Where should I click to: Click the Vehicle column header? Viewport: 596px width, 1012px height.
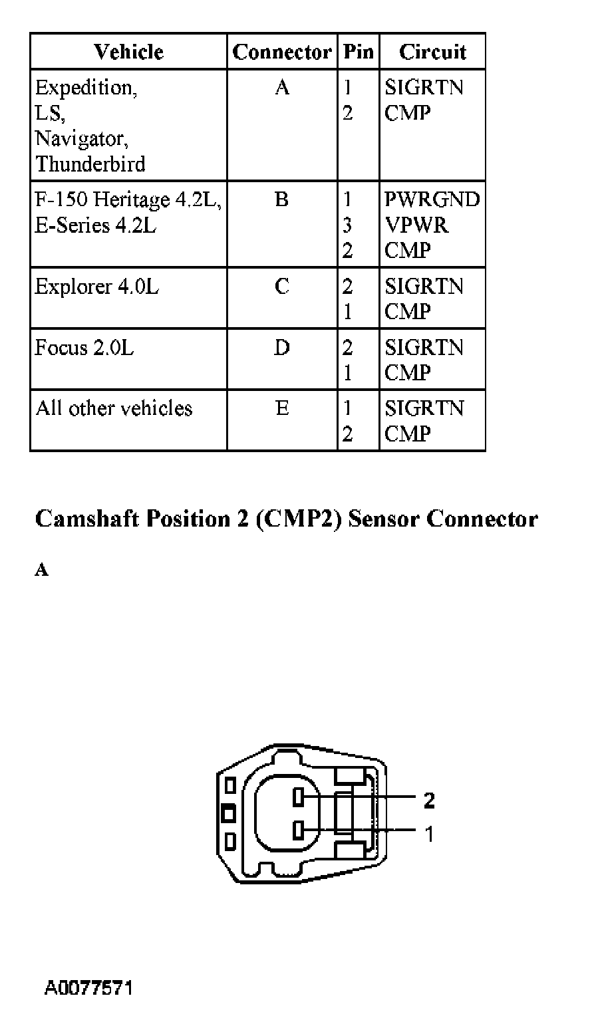pos(128,52)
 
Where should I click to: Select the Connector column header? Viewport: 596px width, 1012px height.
pos(281,52)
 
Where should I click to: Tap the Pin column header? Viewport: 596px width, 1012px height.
pos(358,52)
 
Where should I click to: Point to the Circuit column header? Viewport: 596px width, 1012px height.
pos(432,52)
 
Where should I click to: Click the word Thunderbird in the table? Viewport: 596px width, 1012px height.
pos(90,164)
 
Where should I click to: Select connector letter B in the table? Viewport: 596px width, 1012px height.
pos(281,199)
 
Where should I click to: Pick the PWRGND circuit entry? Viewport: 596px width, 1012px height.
pos(432,199)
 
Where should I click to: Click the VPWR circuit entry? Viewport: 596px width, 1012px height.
pos(417,225)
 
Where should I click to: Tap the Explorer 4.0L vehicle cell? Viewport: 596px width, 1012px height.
pos(97,287)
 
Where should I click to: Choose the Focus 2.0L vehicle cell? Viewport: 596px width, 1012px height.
pos(84,348)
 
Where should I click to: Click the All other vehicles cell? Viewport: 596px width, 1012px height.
pos(114,408)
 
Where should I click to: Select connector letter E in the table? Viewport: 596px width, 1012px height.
pos(282,408)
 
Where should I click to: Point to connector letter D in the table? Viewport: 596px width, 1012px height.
pos(282,348)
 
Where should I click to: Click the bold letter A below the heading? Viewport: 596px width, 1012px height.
pos(41,570)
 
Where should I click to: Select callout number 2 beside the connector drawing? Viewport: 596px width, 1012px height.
pos(429,801)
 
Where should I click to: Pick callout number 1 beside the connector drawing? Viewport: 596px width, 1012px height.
pos(429,833)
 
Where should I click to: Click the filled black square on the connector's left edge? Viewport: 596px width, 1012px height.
pos(228,813)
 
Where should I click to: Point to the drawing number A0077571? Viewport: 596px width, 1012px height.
pos(88,987)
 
